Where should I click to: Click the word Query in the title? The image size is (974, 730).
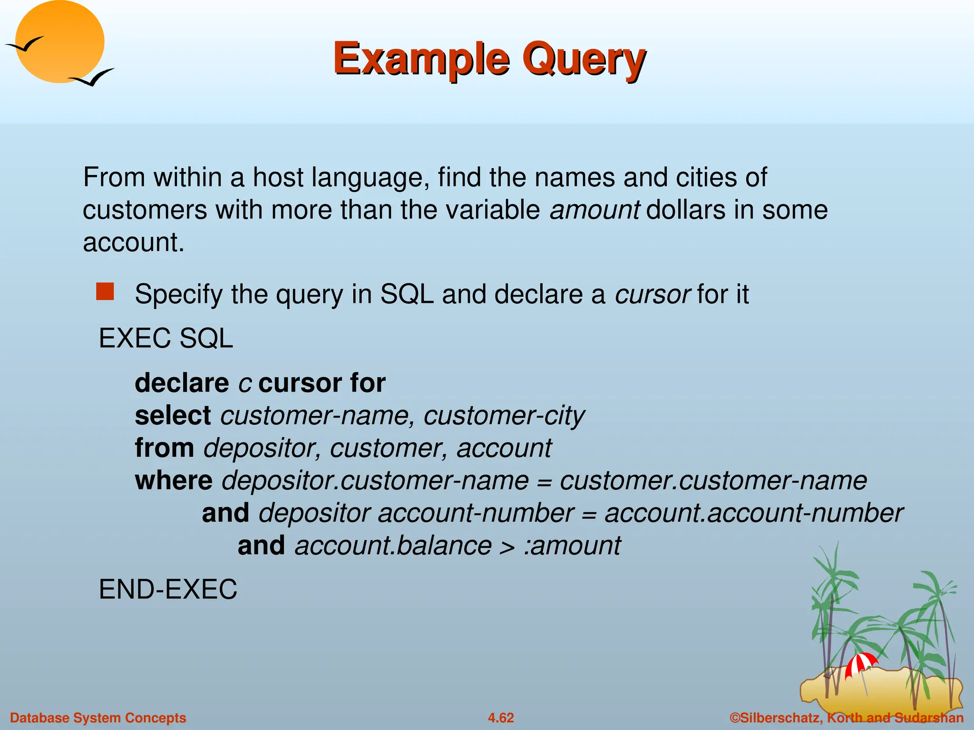pyautogui.click(x=584, y=59)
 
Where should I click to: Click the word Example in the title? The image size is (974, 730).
pyautogui.click(x=421, y=59)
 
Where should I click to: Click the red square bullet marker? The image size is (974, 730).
pyautogui.click(x=105, y=291)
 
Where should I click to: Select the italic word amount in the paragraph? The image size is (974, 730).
pyautogui.click(x=594, y=210)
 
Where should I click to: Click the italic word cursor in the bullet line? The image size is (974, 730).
pyautogui.click(x=652, y=294)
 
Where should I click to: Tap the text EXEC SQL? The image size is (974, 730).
pyautogui.click(x=166, y=338)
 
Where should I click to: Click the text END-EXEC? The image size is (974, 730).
pyautogui.click(x=167, y=589)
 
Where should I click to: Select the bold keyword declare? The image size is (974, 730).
pyautogui.click(x=182, y=383)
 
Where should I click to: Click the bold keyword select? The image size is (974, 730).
pyautogui.click(x=173, y=415)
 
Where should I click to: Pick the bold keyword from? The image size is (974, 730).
pyautogui.click(x=164, y=448)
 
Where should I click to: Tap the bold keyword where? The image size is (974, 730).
pyautogui.click(x=174, y=480)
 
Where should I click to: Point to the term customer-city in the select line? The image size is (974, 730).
pyautogui.click(x=504, y=416)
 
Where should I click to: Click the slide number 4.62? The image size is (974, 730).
pyautogui.click(x=501, y=718)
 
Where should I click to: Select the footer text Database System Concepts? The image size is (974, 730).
pyautogui.click(x=98, y=718)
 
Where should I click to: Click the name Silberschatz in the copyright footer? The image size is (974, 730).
pyautogui.click(x=780, y=718)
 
